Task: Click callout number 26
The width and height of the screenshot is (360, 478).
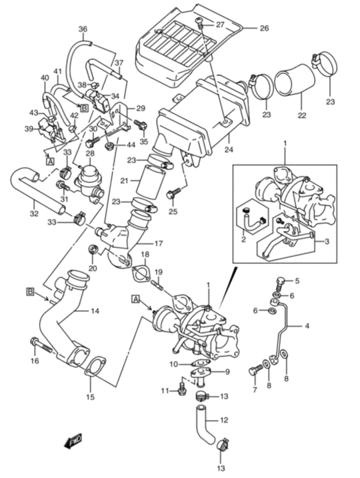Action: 264,29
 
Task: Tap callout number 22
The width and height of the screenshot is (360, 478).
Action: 302,115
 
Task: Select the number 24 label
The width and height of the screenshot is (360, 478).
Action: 229,150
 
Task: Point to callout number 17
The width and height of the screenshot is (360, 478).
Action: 159,243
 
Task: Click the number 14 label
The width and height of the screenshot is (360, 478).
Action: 95,311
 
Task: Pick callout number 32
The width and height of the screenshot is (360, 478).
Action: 34,214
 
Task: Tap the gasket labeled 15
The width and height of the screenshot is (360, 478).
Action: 95,368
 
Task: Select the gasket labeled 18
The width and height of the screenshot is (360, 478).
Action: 141,274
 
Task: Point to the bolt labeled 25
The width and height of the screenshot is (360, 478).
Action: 174,193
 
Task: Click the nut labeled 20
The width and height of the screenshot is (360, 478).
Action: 93,250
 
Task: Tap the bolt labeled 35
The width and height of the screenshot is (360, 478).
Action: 141,125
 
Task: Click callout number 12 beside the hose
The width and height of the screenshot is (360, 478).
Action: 224,421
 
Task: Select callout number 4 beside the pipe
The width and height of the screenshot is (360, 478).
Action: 307,326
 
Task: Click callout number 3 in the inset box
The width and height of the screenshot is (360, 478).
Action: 327,242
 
